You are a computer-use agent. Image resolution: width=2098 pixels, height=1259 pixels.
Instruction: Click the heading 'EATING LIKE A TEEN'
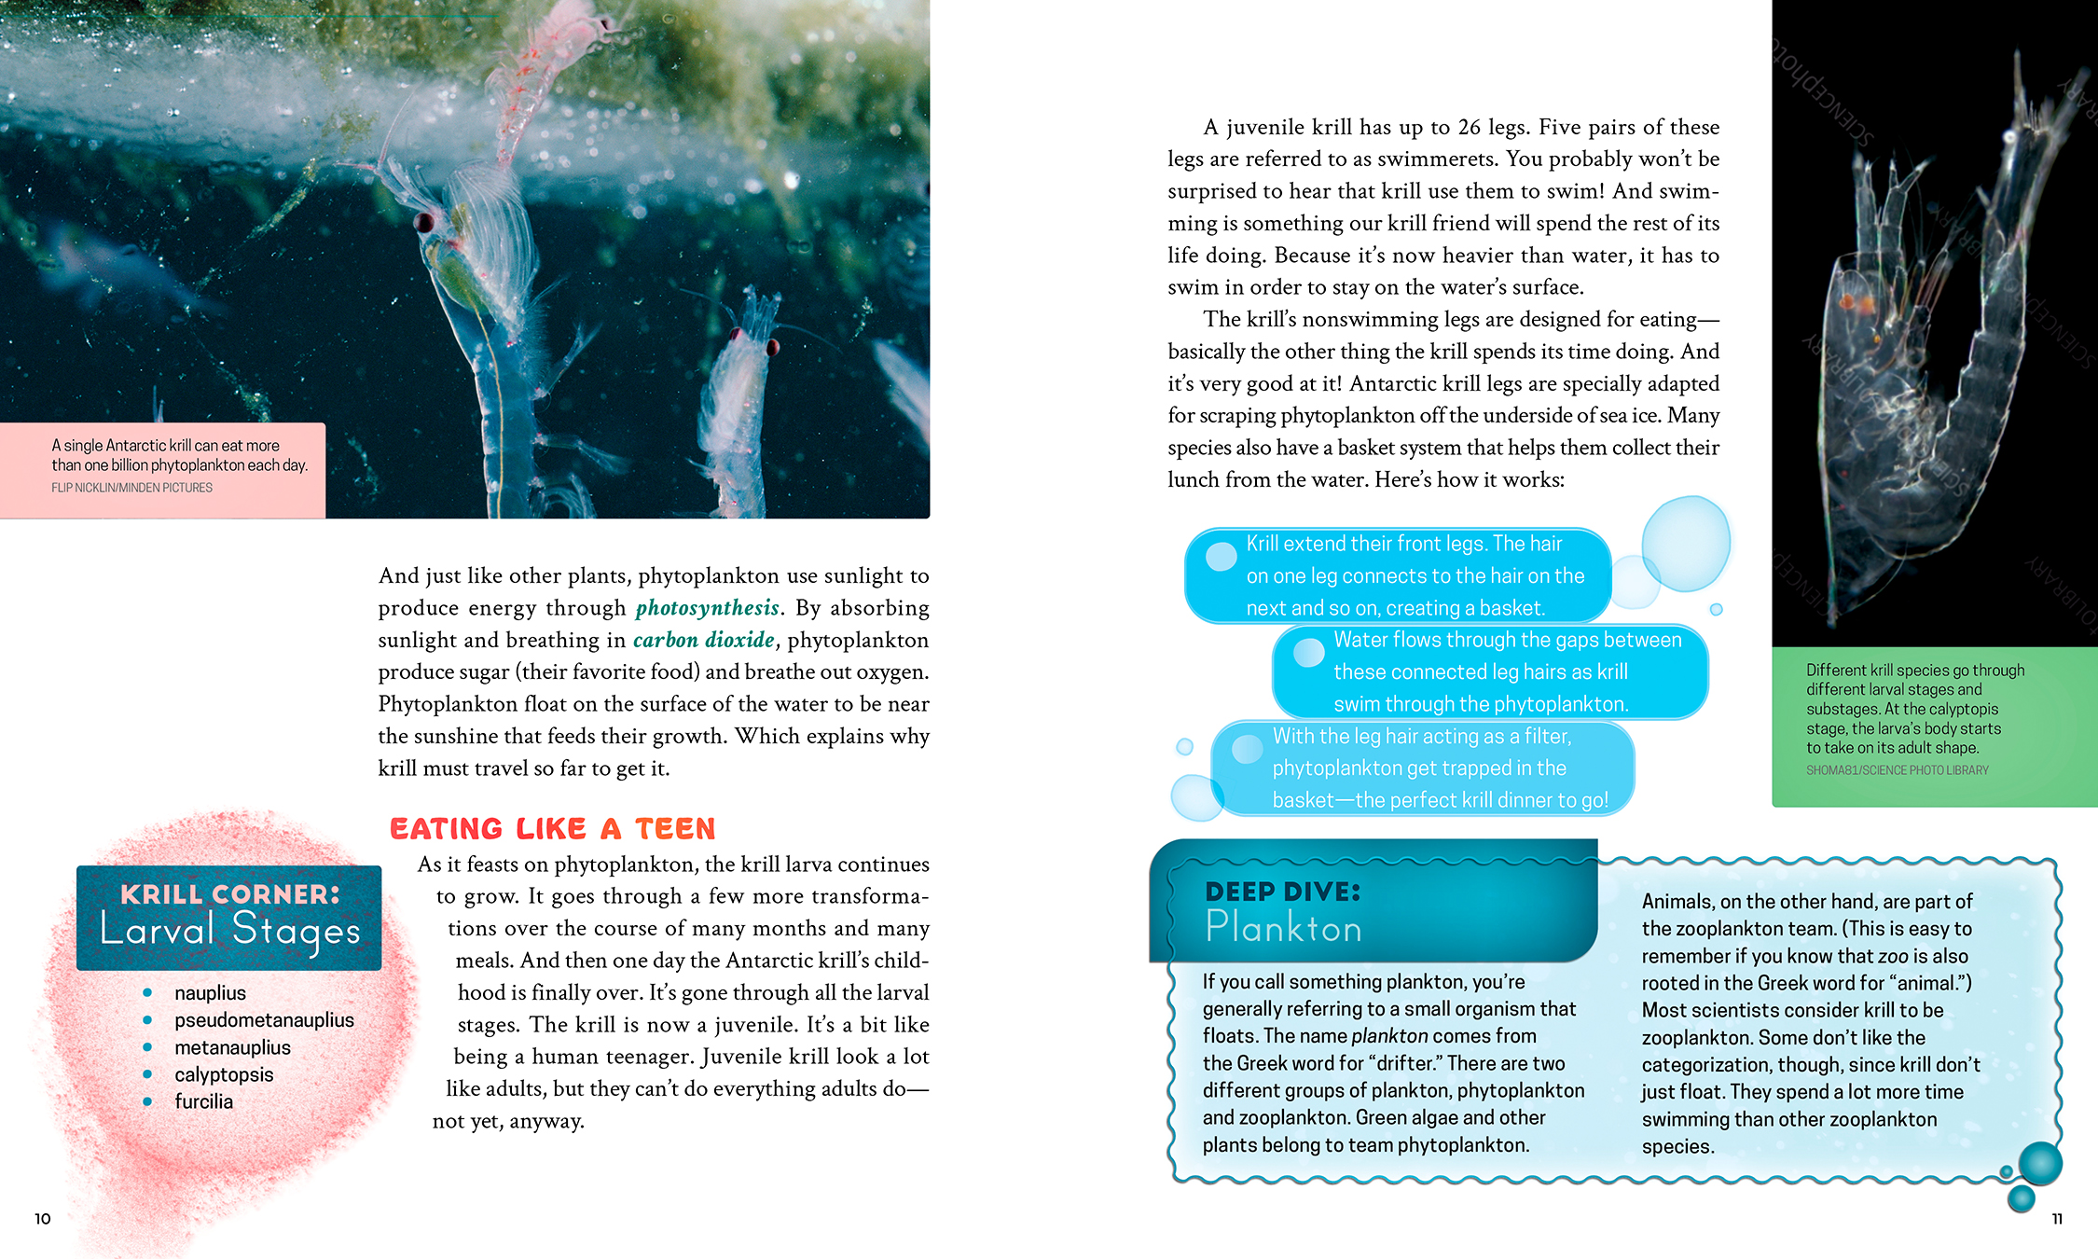pyautogui.click(x=552, y=828)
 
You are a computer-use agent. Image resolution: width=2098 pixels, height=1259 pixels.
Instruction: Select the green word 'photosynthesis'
pyautogui.click(x=707, y=608)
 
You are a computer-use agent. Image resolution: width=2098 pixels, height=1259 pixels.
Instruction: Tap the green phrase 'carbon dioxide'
pyautogui.click(x=703, y=640)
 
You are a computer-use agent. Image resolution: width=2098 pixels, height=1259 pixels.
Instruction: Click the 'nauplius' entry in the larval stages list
pyautogui.click(x=210, y=993)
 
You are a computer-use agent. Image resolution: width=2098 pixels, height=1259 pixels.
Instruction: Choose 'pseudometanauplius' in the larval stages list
pyautogui.click(x=264, y=1020)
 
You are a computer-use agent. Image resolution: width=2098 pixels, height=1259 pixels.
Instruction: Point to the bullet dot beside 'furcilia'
pyautogui.click(x=147, y=1101)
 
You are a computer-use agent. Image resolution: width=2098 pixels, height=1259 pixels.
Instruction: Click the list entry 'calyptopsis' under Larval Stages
pyautogui.click(x=224, y=1074)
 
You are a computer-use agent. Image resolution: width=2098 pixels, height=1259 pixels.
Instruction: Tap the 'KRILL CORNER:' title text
pyautogui.click(x=229, y=894)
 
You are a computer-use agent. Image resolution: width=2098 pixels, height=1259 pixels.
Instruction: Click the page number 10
pyautogui.click(x=43, y=1219)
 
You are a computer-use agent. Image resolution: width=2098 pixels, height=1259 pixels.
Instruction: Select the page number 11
pyautogui.click(x=2056, y=1219)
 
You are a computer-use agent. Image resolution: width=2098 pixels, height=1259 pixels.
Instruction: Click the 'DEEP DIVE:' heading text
pyautogui.click(x=1282, y=892)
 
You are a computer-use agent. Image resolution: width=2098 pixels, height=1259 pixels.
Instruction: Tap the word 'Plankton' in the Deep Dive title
pyautogui.click(x=1283, y=928)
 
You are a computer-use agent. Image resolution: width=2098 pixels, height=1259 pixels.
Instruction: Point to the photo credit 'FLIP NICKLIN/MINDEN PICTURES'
pyautogui.click(x=131, y=488)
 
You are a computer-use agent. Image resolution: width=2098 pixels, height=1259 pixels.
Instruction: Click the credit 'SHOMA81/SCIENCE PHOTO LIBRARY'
pyautogui.click(x=1897, y=770)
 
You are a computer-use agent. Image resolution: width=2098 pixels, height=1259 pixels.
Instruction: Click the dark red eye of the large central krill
pyautogui.click(x=425, y=223)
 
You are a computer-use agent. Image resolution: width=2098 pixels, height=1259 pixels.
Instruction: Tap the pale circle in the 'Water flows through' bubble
pyautogui.click(x=1308, y=652)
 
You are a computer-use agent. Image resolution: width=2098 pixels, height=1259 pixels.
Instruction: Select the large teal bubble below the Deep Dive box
pyautogui.click(x=2040, y=1163)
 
